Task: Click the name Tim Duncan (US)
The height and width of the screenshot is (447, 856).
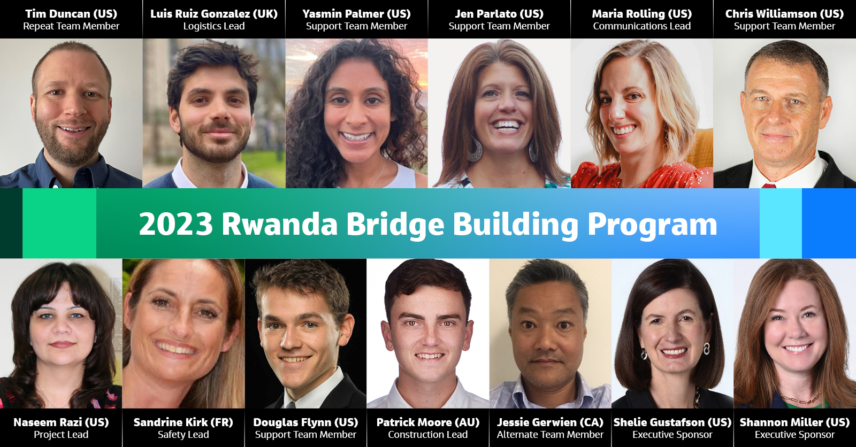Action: pos(71,14)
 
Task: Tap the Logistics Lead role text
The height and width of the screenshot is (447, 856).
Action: pos(214,26)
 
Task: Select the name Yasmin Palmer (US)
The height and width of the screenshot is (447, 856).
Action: pos(356,14)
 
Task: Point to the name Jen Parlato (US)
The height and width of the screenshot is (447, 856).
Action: pos(499,14)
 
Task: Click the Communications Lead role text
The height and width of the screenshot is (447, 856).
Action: pos(641,26)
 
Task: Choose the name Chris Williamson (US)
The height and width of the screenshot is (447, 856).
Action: pos(784,14)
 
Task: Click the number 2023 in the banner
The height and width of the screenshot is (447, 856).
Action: pos(176,224)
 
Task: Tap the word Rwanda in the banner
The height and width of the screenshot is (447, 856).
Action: pos(279,224)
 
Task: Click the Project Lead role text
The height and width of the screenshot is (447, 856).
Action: pos(61,435)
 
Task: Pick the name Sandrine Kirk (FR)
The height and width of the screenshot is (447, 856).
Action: pos(183,422)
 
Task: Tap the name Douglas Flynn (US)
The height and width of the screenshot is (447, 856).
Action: pos(305,422)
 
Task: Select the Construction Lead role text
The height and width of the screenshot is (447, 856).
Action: pos(427,435)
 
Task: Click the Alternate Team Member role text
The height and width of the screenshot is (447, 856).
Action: pos(550,435)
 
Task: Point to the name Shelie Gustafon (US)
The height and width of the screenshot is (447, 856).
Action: pos(672,422)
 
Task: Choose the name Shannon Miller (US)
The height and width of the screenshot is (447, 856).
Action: pos(794,422)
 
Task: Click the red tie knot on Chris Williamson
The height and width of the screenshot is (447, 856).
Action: pos(769,186)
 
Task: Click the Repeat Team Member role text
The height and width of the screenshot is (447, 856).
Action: pos(71,26)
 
